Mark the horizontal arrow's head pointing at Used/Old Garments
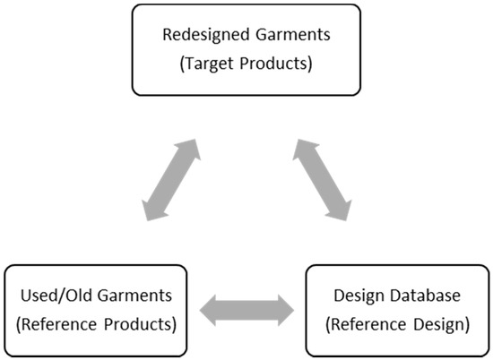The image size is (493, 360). pos(209,310)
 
